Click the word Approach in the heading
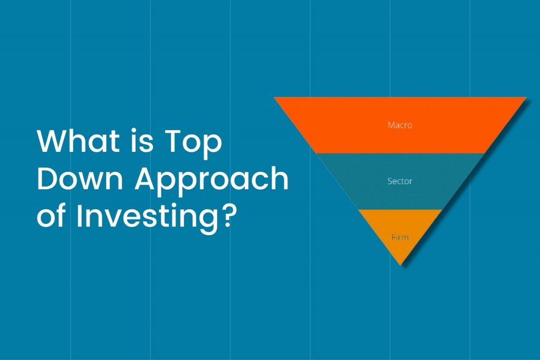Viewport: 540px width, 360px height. [211, 181]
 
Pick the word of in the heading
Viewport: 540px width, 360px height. [51, 216]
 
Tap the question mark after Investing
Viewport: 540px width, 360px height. [229, 216]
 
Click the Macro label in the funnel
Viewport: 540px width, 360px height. [400, 125]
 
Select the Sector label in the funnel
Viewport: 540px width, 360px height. [400, 181]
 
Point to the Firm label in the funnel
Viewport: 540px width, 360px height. [400, 237]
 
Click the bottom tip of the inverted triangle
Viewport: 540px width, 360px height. [401, 265]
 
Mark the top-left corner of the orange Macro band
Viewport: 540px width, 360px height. [274, 98]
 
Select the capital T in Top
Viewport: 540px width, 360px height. [173, 141]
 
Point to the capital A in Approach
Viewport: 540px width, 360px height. [146, 178]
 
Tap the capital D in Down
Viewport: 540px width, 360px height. [47, 178]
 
